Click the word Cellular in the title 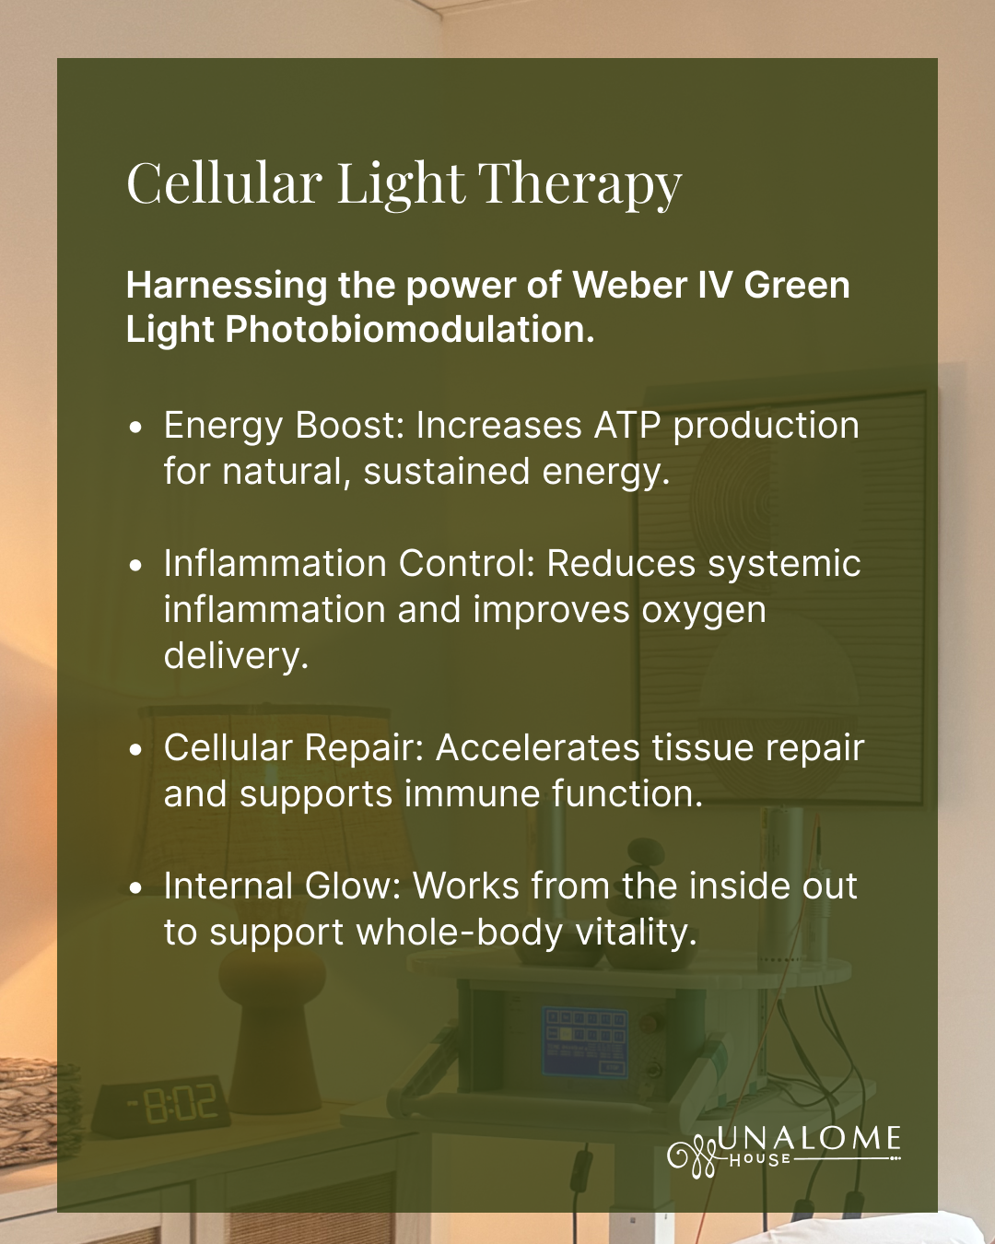224,182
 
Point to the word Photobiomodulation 410,329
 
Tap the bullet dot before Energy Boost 135,428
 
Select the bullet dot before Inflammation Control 135,566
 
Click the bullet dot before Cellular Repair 135,750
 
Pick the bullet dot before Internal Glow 135,888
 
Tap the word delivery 237,655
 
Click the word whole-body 460,933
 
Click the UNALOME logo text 808,1139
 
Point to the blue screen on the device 585,1040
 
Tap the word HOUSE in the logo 760,1159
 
